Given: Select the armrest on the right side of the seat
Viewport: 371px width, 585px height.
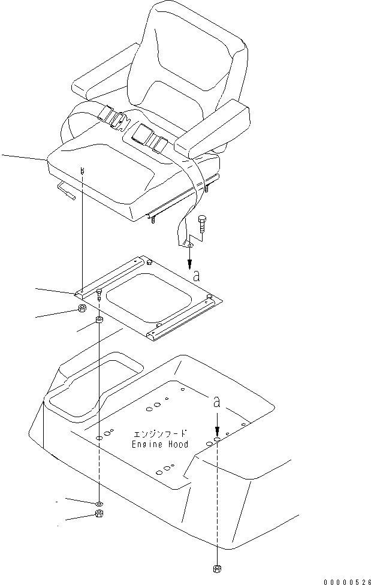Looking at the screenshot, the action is [x=212, y=129].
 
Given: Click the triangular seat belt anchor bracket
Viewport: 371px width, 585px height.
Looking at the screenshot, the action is [x=188, y=244].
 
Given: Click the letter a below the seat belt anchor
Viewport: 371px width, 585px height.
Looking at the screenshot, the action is [x=197, y=276].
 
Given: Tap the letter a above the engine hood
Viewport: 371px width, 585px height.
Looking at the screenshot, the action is [x=216, y=402].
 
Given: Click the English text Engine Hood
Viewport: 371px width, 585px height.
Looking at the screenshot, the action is [x=160, y=444].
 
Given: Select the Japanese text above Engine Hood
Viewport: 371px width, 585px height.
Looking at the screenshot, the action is [x=160, y=434].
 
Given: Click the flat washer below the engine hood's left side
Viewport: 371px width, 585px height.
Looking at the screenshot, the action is [x=99, y=503].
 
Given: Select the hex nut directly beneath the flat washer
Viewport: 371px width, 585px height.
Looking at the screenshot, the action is [x=99, y=513].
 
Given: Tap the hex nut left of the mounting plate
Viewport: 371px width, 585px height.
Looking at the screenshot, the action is [x=83, y=308].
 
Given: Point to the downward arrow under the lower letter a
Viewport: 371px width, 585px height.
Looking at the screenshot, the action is [x=217, y=421].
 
